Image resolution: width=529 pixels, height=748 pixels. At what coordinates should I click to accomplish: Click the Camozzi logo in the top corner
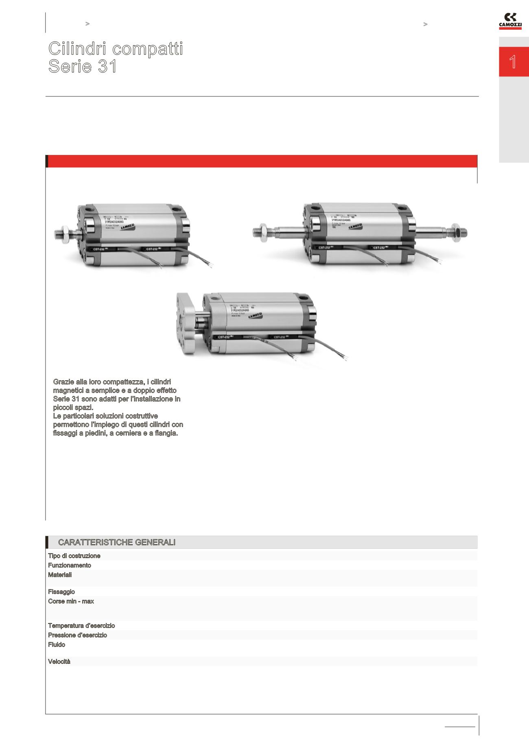point(510,22)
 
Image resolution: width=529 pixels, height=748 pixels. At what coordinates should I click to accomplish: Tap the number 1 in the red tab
point(513,62)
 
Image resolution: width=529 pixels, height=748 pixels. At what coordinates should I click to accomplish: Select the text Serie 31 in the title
point(83,66)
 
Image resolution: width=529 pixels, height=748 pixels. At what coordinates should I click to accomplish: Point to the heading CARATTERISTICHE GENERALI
point(117,542)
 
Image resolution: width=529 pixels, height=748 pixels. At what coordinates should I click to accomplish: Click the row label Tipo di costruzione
point(74,556)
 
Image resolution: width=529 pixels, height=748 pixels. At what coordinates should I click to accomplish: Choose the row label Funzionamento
point(70,565)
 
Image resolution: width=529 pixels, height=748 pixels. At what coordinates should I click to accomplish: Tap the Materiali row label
point(60,575)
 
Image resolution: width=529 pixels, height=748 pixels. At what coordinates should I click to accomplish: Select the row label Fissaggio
point(61,592)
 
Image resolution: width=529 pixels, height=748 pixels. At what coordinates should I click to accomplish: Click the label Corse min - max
point(71,601)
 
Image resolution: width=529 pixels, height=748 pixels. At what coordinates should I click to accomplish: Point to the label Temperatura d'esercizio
point(81,626)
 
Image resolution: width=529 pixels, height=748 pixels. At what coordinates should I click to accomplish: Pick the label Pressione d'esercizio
point(77,635)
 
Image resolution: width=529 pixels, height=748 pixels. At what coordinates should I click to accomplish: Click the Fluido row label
point(57,645)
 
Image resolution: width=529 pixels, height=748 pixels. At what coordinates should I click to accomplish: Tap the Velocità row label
point(59,661)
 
